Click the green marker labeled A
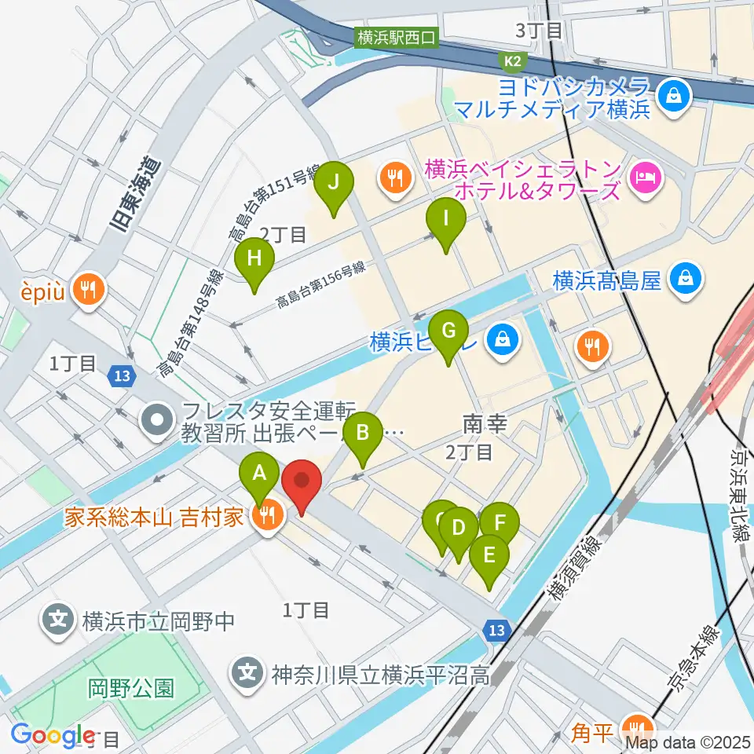click(x=258, y=473)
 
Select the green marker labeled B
click(x=363, y=432)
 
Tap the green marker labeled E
click(x=489, y=555)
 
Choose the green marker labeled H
click(x=254, y=258)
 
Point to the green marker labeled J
click(x=334, y=183)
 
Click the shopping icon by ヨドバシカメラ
click(x=674, y=97)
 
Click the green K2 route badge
click(x=513, y=60)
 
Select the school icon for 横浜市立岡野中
click(x=58, y=620)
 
